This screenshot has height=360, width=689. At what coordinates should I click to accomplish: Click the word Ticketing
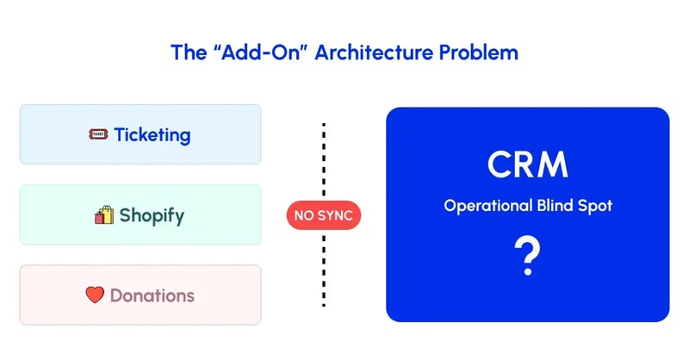[x=152, y=135]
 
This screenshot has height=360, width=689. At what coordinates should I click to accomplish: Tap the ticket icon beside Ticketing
[x=98, y=135]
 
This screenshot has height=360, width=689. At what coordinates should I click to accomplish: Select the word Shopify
[x=152, y=215]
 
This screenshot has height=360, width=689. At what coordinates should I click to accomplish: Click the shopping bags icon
[x=103, y=215]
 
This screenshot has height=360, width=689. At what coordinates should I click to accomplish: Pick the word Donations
[x=152, y=295]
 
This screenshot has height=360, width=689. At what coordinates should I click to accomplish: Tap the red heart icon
[x=95, y=295]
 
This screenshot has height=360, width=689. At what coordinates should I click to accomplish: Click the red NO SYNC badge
[x=323, y=216]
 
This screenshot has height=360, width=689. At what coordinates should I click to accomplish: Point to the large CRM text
[x=527, y=164]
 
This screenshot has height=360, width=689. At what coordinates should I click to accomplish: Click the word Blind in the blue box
[x=558, y=207]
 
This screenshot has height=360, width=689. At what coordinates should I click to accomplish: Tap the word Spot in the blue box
[x=595, y=207]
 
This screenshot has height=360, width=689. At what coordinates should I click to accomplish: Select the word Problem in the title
[x=477, y=52]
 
